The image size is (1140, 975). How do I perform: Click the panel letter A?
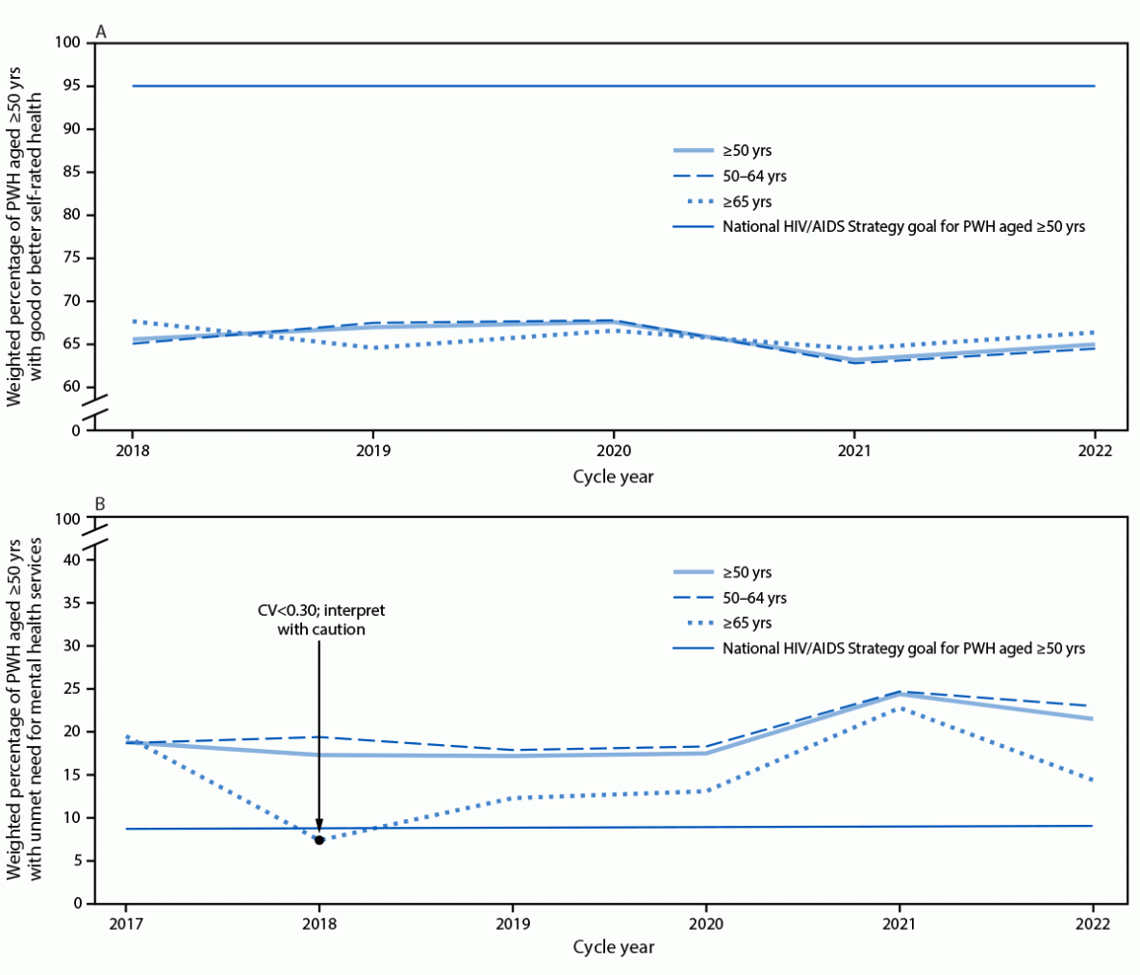click(100, 32)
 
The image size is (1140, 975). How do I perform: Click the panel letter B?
click(100, 503)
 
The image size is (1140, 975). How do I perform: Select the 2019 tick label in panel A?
click(373, 450)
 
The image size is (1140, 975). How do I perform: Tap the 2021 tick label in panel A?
click(854, 450)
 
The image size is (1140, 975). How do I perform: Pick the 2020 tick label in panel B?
click(706, 924)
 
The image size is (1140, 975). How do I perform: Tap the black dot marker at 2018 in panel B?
click(319, 840)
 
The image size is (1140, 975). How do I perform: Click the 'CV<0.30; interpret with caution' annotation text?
click(318, 620)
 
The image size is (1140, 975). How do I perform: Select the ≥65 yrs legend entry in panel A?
click(747, 202)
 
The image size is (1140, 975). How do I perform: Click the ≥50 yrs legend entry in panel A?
click(747, 151)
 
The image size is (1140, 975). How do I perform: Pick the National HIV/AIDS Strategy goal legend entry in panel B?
click(903, 649)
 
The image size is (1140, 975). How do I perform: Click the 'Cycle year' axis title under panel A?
click(613, 476)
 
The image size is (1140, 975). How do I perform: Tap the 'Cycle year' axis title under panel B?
click(613, 947)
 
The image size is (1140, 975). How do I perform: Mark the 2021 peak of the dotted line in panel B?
click(899, 708)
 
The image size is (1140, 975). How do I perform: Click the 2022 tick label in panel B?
click(1092, 924)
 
